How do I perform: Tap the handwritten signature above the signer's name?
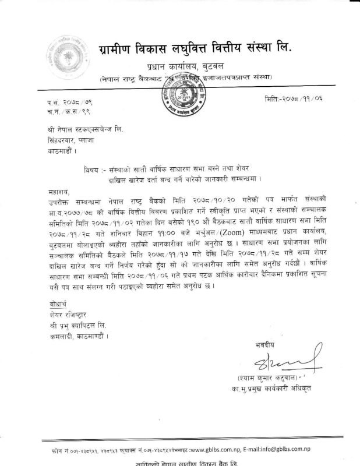click(x=263, y=364)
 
